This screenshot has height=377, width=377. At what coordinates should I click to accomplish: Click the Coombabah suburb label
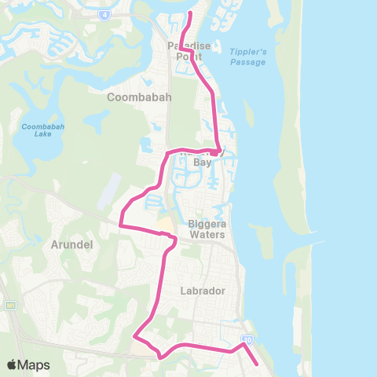point(134,97)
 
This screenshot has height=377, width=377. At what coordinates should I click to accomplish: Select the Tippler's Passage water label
point(249,56)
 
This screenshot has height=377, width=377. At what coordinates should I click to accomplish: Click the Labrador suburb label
point(202,290)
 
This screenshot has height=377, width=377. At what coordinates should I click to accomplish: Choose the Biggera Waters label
point(207,229)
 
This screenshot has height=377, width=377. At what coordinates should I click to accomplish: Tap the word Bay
point(203,163)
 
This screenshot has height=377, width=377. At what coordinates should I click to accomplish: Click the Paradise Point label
point(189,52)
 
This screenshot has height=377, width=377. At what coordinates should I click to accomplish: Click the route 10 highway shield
point(247,339)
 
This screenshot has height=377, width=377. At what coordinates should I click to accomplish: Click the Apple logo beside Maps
point(12,364)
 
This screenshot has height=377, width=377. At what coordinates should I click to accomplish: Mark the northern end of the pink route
point(191,13)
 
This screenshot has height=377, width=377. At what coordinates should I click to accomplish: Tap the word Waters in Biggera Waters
point(207,234)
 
